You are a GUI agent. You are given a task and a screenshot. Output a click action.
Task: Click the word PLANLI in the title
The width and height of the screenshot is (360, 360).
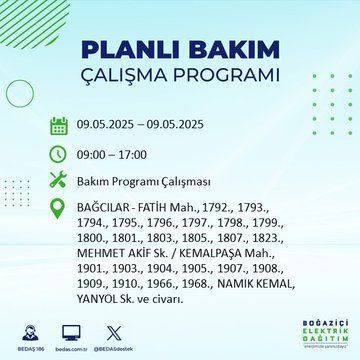click(x=128, y=50)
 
